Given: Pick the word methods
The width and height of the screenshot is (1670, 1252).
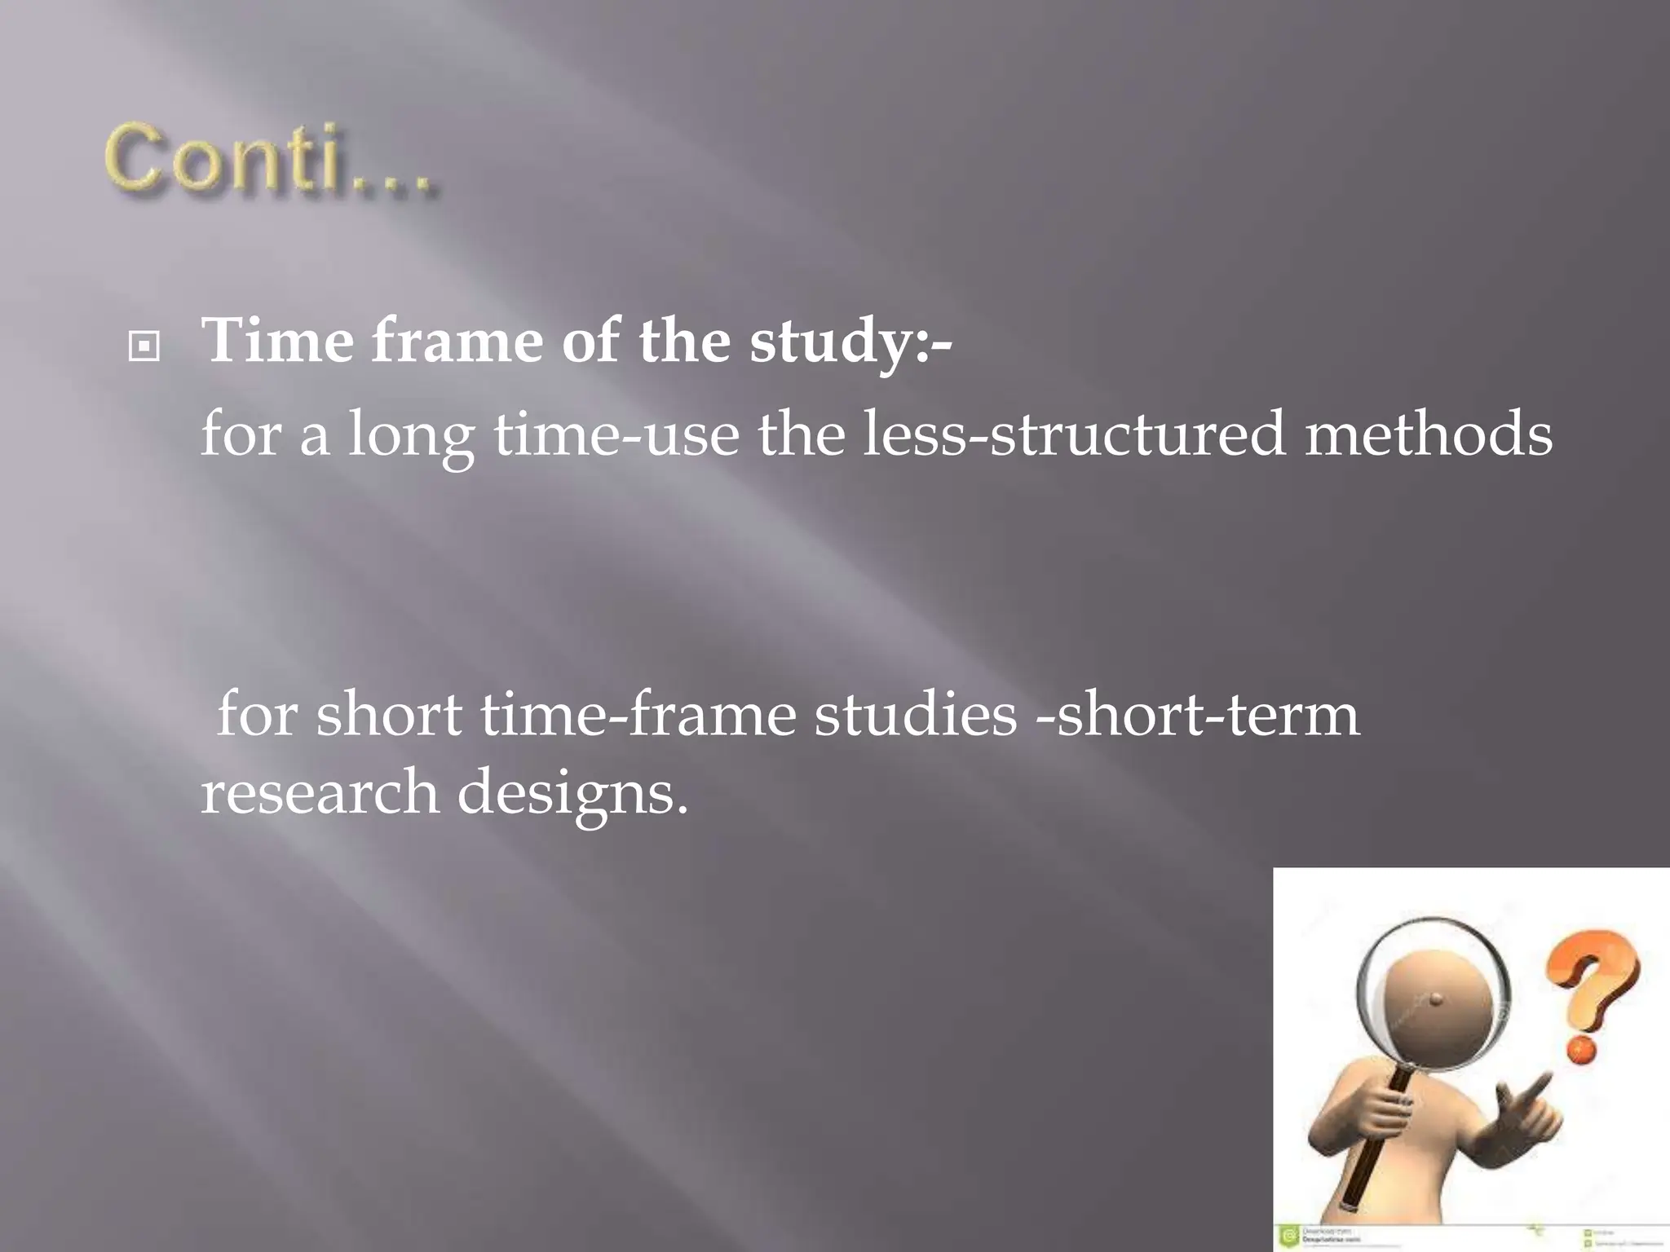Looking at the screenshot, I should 1428,434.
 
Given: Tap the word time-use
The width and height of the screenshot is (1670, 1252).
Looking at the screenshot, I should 616,434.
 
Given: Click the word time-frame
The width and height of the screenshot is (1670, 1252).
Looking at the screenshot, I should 638,714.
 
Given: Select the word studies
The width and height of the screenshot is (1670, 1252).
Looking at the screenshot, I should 915,714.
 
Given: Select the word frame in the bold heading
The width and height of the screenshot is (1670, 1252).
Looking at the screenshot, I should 457,340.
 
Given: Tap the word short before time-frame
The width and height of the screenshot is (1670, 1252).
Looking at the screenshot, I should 389,714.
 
